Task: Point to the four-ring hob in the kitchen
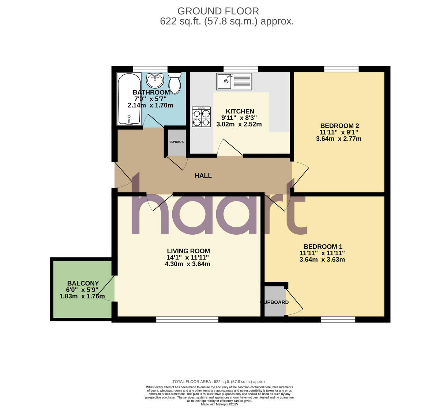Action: coord(201,117)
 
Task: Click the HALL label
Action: coord(203,175)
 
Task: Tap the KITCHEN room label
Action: coord(240,112)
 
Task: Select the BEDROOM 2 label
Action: coord(339,126)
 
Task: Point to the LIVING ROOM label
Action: coord(188,251)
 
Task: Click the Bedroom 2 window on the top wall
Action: coord(341,69)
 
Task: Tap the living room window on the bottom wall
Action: coord(187,320)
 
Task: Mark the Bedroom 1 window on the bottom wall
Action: coord(338,320)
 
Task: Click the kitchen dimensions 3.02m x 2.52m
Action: coord(239,124)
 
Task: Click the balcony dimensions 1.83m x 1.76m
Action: coord(82,296)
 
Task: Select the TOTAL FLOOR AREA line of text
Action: coord(219,382)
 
